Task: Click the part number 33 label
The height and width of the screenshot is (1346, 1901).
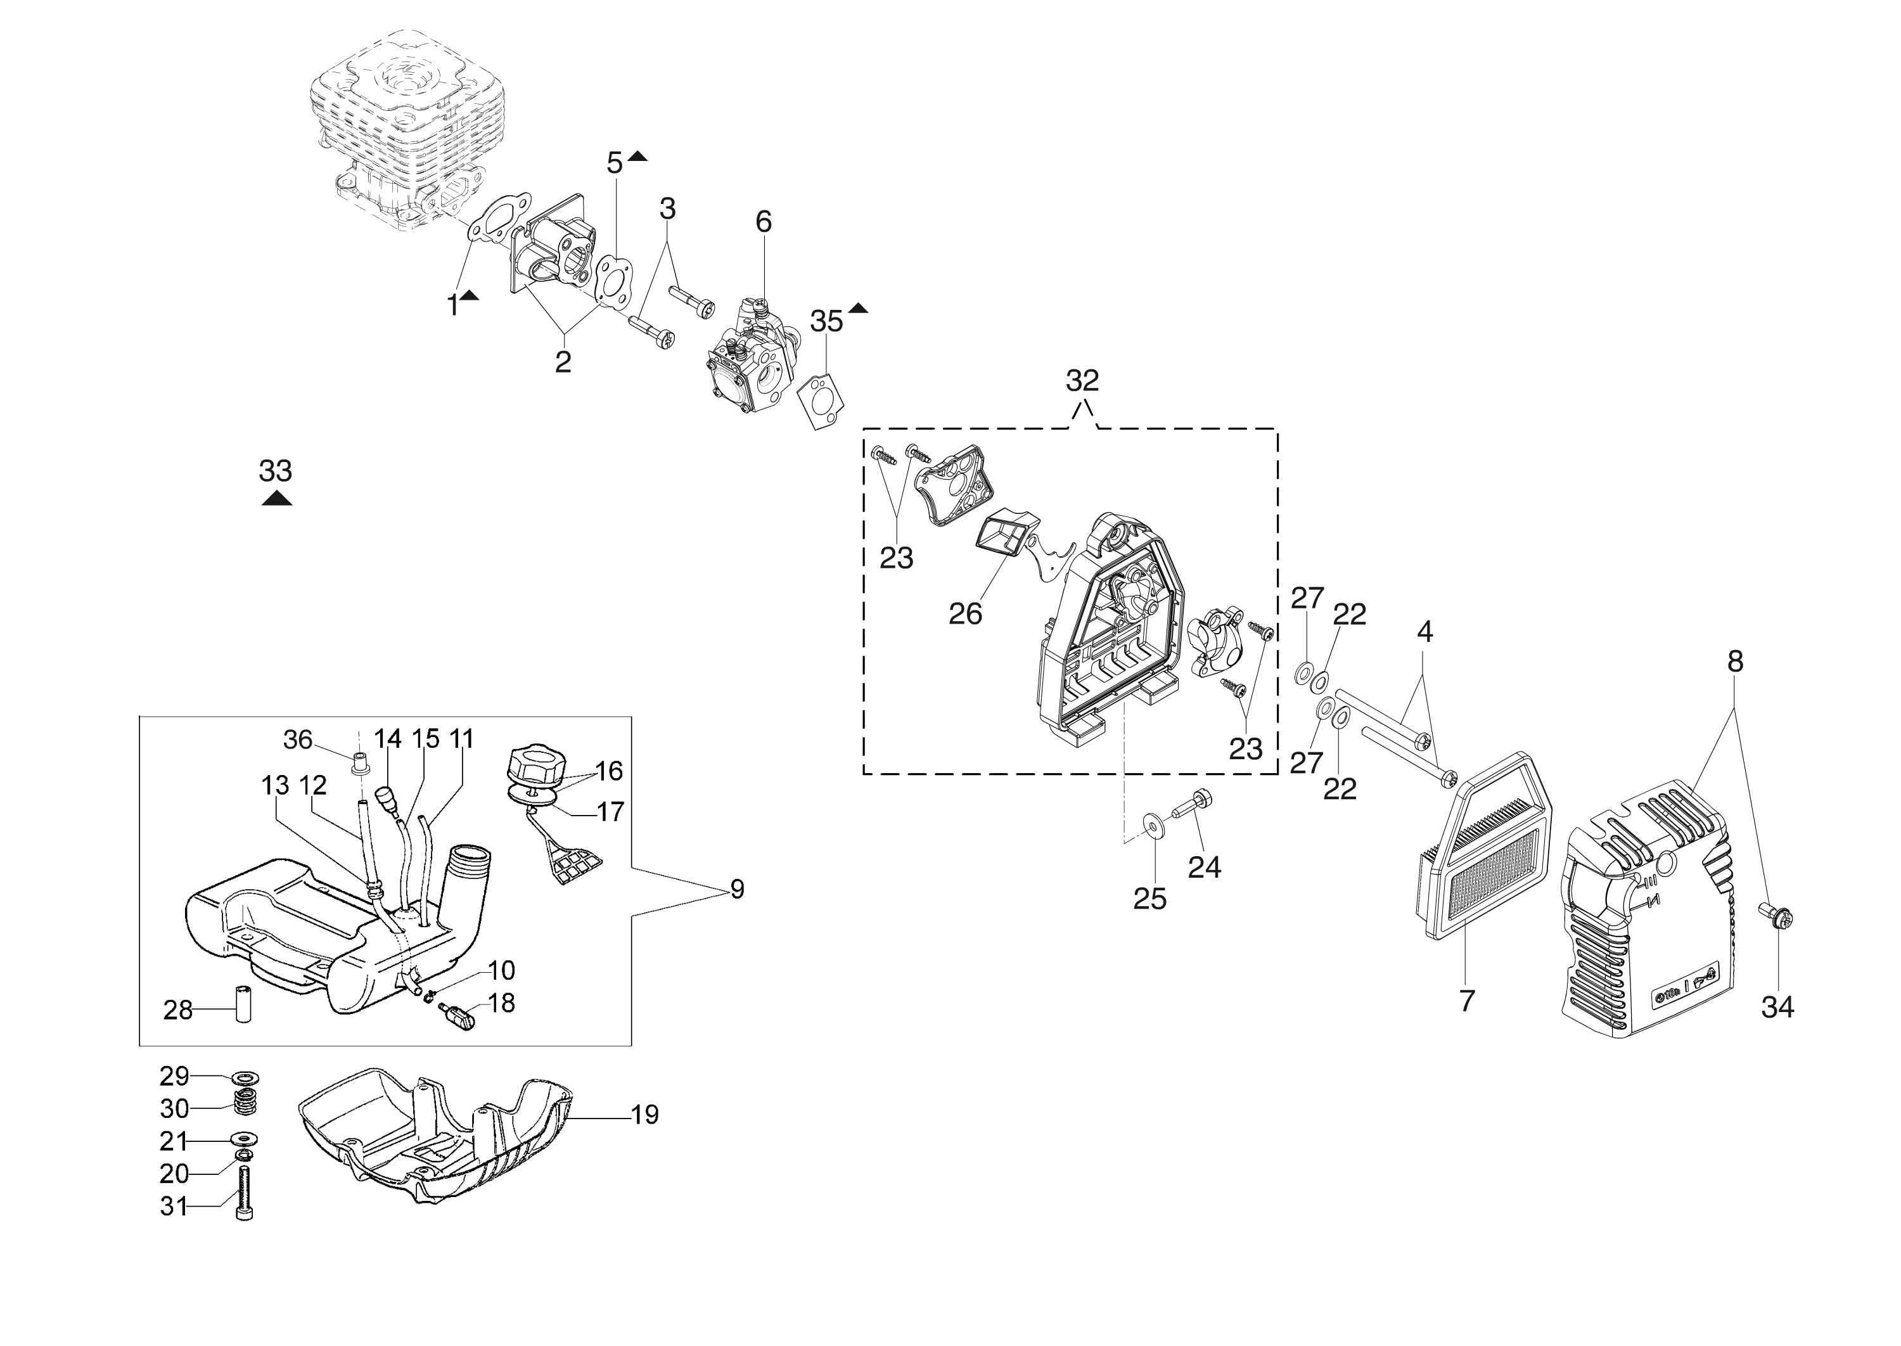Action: (275, 471)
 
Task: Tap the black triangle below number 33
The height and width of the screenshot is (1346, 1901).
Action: (276, 498)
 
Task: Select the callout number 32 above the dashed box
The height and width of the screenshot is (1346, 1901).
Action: (1082, 380)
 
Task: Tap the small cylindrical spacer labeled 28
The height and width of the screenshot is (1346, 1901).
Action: (243, 1004)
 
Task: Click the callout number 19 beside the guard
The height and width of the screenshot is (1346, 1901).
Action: (644, 1115)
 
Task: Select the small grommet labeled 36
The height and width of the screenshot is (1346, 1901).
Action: (360, 761)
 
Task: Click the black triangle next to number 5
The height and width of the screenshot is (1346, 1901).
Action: (637, 156)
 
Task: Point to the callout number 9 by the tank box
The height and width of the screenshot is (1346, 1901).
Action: (737, 889)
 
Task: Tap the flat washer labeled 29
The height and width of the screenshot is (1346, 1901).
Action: (245, 1077)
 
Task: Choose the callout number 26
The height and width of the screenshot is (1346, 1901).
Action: (966, 614)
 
